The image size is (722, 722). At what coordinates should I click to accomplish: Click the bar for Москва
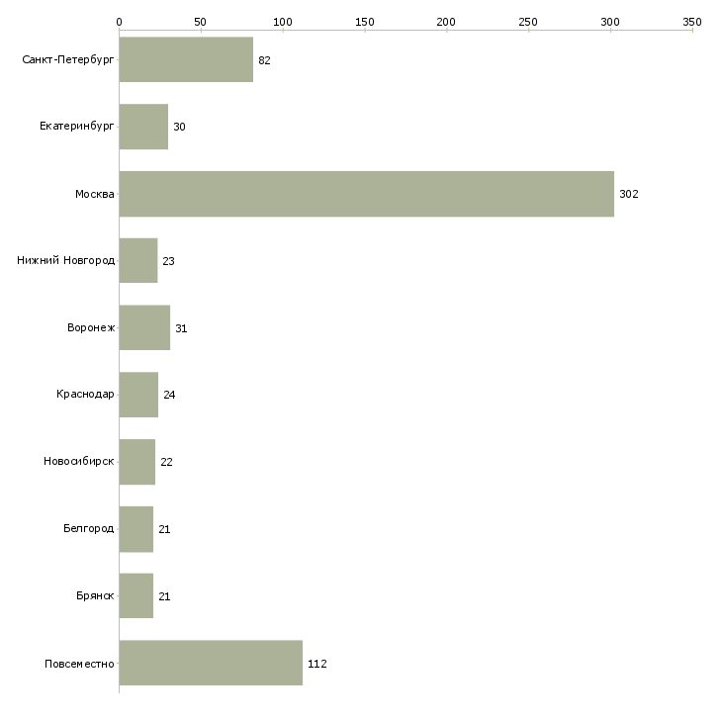coord(367,194)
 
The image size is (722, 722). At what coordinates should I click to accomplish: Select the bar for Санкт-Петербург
coord(186,59)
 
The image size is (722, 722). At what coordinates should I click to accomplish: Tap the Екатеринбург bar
coord(143,127)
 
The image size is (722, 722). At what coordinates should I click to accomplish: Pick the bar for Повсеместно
coord(211,663)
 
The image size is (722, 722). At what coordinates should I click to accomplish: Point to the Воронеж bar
coord(144,327)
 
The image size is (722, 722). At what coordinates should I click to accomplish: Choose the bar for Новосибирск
coord(137,462)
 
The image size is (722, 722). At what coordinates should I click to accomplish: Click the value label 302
coord(628,194)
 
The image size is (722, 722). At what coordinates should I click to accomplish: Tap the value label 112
coord(317,664)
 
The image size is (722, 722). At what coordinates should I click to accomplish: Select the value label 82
coord(264,60)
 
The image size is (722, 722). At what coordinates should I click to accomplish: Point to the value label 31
coord(181,328)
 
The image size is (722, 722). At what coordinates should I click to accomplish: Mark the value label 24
coord(169,395)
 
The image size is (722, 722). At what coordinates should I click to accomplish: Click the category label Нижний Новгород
coord(66,261)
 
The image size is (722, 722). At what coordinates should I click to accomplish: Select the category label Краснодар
coord(85,395)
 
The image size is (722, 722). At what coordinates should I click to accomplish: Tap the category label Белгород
coord(88,528)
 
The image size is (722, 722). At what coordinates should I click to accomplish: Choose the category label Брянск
coord(95,595)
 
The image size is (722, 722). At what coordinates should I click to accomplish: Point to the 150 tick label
coord(365,22)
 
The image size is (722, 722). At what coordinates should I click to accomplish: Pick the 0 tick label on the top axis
coord(120,22)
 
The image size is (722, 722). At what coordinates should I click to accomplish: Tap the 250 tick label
coord(528,22)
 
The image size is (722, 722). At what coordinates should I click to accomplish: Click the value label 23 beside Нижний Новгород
coord(168,261)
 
